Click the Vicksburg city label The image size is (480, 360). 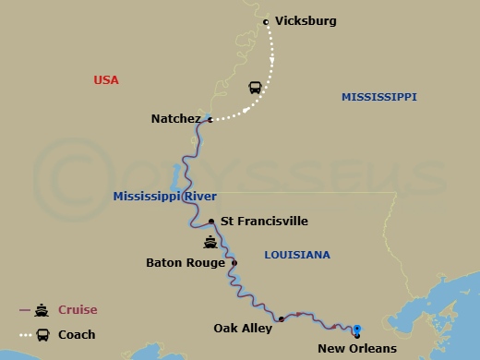pyautogui.click(x=306, y=20)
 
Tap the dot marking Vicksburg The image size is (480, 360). pyautogui.click(x=266, y=21)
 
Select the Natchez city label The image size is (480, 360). pyautogui.click(x=175, y=119)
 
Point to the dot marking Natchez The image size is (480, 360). pyautogui.click(x=210, y=119)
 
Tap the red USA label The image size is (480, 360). pyautogui.click(x=107, y=80)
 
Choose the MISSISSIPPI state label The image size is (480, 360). pyautogui.click(x=378, y=97)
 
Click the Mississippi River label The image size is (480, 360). pyautogui.click(x=153, y=197)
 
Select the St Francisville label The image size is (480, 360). pyautogui.click(x=264, y=222)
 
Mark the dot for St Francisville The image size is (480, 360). pyautogui.click(x=211, y=222)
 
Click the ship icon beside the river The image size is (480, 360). pyautogui.click(x=211, y=244)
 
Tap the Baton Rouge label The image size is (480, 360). pyautogui.click(x=186, y=263)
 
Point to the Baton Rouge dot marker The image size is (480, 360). pyautogui.click(x=234, y=263)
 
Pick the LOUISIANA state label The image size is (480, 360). pyautogui.click(x=296, y=254)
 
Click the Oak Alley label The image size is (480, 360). pyautogui.click(x=245, y=328)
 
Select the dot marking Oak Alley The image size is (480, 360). pyautogui.click(x=281, y=319)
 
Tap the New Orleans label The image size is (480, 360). pyautogui.click(x=356, y=348)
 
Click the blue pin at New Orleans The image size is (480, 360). pyautogui.click(x=356, y=328)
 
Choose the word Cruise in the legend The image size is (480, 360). pyautogui.click(x=78, y=310)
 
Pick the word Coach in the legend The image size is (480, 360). pyautogui.click(x=78, y=335)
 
